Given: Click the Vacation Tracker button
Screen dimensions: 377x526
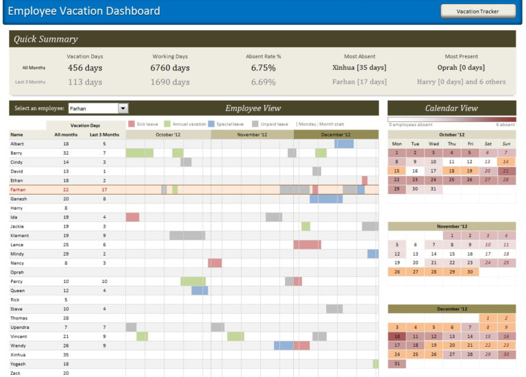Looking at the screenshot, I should [x=477, y=11].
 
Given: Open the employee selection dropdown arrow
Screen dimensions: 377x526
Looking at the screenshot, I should [x=123, y=108].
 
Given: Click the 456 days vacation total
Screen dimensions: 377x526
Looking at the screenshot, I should [x=85, y=68].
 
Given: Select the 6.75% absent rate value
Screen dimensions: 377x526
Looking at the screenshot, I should [x=263, y=68].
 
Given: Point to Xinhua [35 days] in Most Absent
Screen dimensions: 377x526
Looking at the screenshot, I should [x=359, y=68].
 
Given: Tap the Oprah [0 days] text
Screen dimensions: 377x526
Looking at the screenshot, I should [x=461, y=68].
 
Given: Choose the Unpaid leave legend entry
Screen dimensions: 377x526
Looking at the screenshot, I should [x=269, y=124].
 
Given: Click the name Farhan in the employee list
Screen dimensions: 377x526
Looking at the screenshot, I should [x=18, y=189].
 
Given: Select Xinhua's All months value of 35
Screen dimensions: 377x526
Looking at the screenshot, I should [x=66, y=355].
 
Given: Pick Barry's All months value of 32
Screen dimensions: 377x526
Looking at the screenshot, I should [x=66, y=153].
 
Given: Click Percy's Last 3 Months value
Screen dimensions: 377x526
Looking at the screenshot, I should [x=104, y=281].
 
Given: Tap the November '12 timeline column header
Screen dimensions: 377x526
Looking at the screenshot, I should [x=252, y=135].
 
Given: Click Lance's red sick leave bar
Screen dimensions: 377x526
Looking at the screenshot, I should [x=307, y=245].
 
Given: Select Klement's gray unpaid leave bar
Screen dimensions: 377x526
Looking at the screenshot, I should [x=187, y=235].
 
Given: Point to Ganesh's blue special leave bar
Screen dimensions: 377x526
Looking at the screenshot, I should [x=326, y=199].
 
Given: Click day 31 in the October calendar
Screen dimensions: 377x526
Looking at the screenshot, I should [x=433, y=188].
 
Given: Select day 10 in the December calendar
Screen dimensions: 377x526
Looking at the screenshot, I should [x=397, y=337].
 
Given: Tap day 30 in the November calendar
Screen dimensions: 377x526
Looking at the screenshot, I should [x=469, y=271].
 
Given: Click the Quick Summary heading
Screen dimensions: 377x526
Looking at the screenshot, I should [x=46, y=39].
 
